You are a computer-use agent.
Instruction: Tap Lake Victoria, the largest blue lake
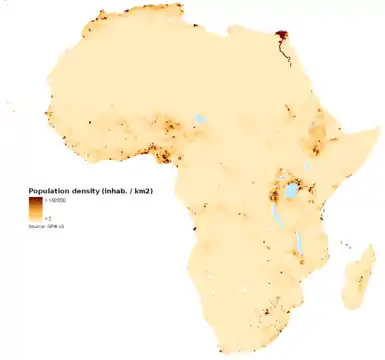290,189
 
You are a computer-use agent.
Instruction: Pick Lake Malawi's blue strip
298,241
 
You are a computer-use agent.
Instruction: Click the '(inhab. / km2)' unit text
126,190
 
